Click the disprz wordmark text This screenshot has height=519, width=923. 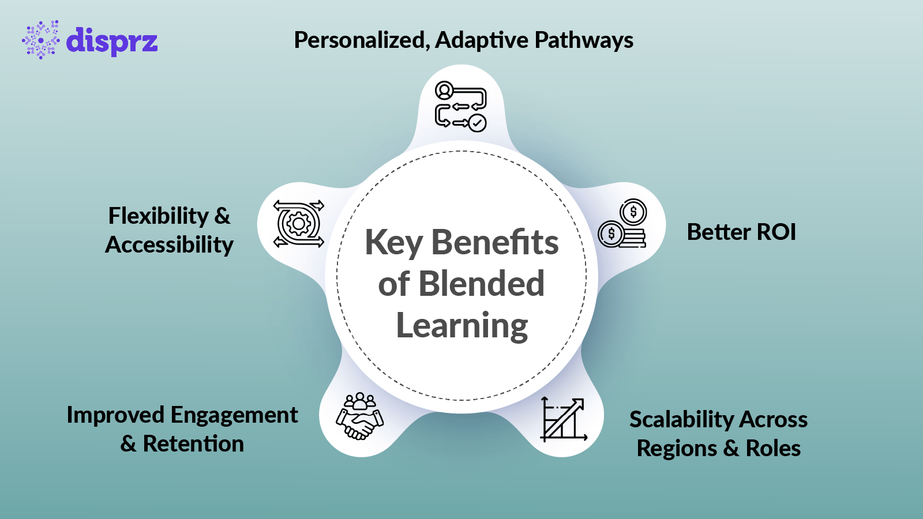point(111,42)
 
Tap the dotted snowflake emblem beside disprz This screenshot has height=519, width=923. point(40,40)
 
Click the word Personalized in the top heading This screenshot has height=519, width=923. point(361,40)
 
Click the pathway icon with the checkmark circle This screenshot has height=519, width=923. point(460,107)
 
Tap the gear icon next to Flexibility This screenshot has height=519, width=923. point(299,224)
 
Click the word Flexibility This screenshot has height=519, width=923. point(159,216)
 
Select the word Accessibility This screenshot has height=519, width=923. point(169,245)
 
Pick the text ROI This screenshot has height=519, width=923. point(776,232)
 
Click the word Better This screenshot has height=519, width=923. point(718,232)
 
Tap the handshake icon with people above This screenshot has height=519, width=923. point(359,416)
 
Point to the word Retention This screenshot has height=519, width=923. point(193,444)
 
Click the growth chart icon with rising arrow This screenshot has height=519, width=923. point(563,419)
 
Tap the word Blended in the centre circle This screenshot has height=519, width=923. point(481,284)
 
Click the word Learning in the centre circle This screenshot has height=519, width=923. point(461,326)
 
